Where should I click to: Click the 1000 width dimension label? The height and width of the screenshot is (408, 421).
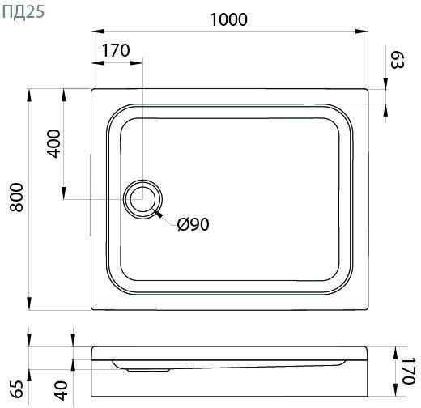pos(228,19)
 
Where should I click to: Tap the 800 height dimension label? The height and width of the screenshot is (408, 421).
pos(16,198)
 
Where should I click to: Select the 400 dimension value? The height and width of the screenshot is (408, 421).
pos(53,143)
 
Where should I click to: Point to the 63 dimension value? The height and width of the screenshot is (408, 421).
pos(398,61)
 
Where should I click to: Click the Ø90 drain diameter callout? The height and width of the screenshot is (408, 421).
pos(193,224)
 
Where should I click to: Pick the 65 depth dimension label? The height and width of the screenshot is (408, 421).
pos(18,389)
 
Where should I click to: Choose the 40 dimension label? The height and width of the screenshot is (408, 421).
pos(62,390)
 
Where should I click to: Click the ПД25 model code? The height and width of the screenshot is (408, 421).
pos(23,12)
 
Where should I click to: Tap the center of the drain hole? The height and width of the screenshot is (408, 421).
pos(142,199)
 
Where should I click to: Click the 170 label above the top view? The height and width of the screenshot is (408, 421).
pos(116,50)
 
